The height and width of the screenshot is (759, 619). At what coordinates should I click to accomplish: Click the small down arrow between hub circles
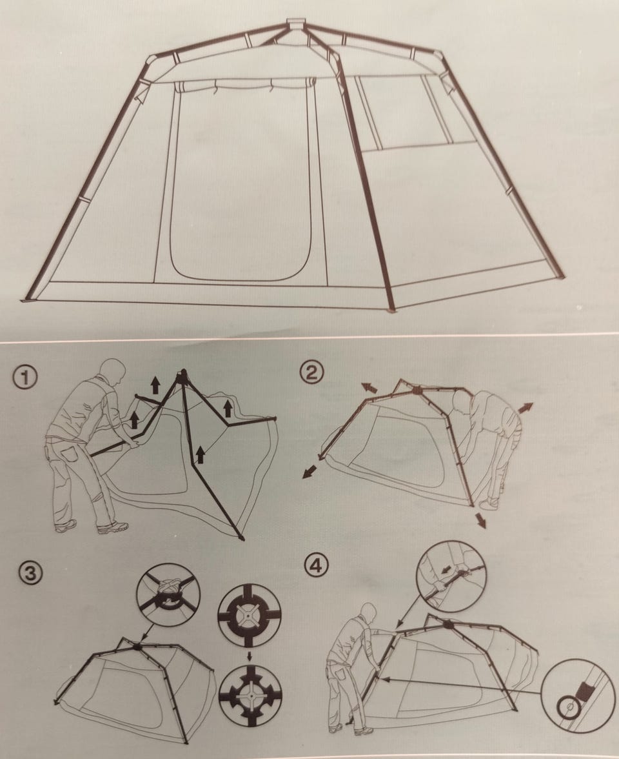coord(250,656)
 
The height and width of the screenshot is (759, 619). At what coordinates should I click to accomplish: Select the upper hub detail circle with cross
coord(250,615)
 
